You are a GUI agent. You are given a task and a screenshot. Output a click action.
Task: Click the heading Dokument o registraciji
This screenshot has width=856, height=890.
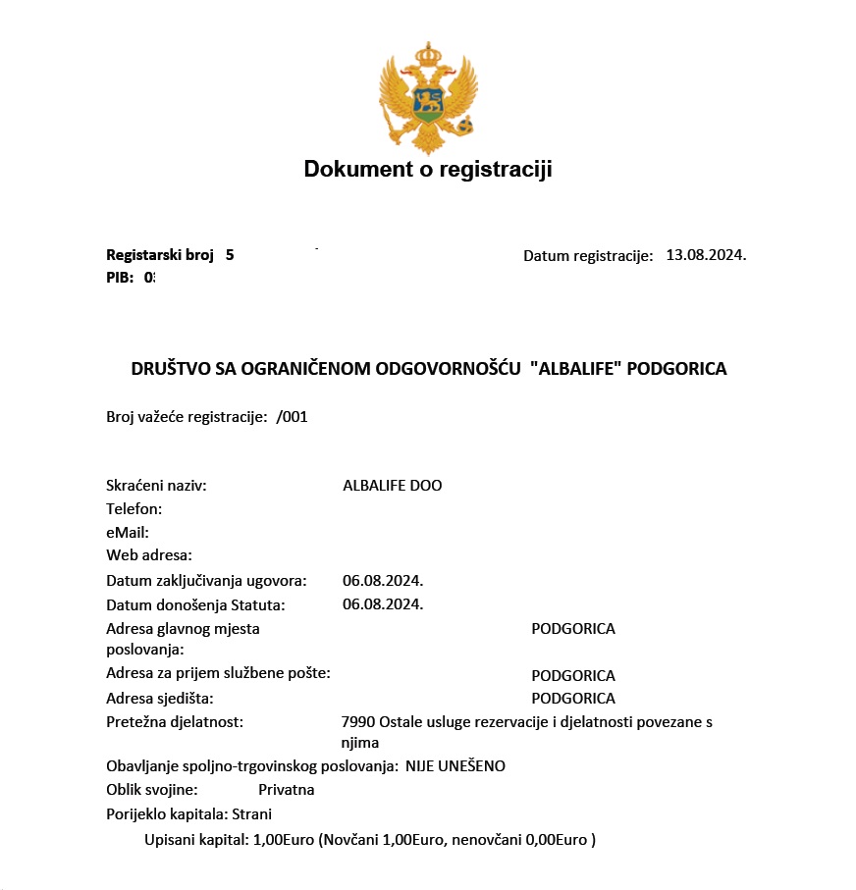point(428,169)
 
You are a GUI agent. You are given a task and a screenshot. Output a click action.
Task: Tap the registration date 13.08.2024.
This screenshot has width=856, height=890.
point(706,255)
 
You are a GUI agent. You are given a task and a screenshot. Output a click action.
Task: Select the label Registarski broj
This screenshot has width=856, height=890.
point(160,255)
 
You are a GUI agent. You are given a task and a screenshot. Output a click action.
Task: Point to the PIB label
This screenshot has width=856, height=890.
point(120,277)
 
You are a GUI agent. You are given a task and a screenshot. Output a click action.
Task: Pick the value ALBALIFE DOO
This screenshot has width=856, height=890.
point(393,486)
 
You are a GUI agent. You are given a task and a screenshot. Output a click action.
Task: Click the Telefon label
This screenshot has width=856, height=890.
point(134,509)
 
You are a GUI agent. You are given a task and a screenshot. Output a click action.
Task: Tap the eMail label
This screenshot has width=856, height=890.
point(127,533)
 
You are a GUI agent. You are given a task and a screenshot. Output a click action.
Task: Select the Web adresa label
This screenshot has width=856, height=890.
point(148,556)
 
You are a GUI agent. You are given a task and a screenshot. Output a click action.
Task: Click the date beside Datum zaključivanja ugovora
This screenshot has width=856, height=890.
point(383,580)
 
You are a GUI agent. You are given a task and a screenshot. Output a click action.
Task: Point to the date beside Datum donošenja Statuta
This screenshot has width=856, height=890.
point(383,603)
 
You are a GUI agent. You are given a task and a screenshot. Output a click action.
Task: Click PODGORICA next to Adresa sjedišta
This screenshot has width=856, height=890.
point(573,699)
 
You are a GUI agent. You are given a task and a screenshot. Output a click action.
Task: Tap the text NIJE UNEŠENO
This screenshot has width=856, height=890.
point(455,765)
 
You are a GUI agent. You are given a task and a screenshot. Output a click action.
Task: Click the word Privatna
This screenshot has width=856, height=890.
point(287,789)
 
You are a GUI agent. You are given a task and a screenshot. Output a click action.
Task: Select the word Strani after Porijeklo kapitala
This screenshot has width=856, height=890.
point(252,813)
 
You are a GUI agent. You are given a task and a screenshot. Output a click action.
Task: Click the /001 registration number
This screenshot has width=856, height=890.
point(293,416)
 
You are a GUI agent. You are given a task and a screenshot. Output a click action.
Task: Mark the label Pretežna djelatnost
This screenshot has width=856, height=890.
point(174,722)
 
